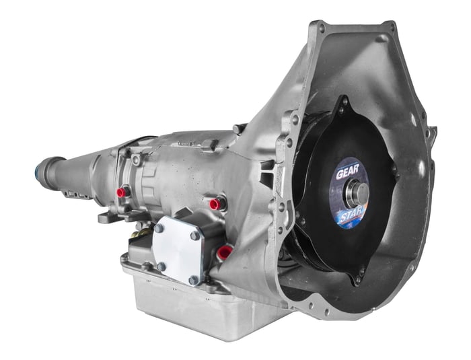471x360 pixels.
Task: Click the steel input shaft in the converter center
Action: tap(357, 193)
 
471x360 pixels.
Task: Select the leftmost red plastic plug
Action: tap(122, 192)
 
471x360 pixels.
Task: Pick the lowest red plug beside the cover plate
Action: tap(224, 252)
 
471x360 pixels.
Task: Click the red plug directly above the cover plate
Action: tap(215, 204)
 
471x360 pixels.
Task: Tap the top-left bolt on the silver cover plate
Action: tap(159, 228)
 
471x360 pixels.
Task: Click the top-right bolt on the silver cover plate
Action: tap(194, 236)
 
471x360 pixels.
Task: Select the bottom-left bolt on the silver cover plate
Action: tap(161, 266)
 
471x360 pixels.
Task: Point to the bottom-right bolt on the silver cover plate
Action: tap(194, 280)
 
